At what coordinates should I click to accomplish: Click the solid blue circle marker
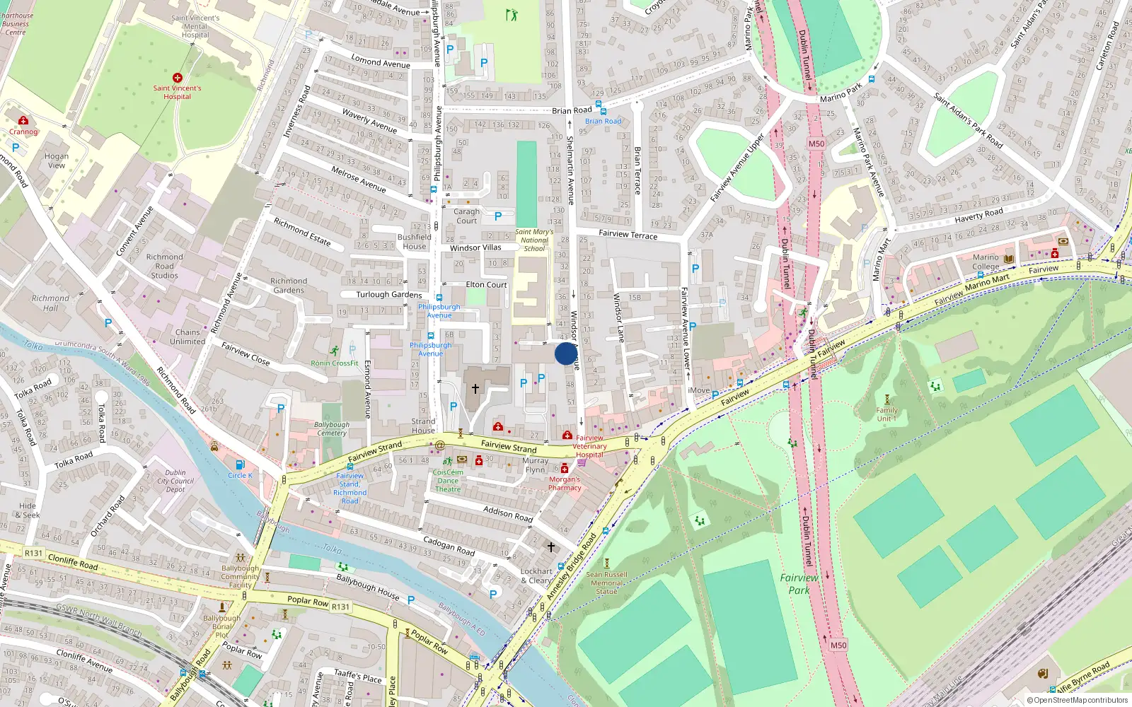[x=565, y=353]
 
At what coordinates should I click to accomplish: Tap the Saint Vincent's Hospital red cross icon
[x=177, y=78]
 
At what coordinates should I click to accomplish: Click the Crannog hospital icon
[x=23, y=121]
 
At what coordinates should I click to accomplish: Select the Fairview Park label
[x=799, y=584]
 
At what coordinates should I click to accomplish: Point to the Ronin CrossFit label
[x=335, y=363]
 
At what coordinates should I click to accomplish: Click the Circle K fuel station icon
[x=240, y=464]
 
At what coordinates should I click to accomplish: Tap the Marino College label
[x=986, y=262]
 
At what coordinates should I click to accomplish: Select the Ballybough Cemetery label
[x=332, y=428]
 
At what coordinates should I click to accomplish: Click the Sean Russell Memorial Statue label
[x=606, y=583]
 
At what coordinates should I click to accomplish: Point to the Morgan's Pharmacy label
[x=565, y=484]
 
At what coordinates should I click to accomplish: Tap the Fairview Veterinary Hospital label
[x=589, y=446]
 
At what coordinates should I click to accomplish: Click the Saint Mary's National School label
[x=534, y=240]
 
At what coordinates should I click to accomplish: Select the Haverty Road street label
[x=978, y=214]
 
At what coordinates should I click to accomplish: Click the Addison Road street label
[x=508, y=514]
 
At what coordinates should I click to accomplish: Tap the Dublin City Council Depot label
[x=175, y=481]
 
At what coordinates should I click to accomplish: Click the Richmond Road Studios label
[x=164, y=267]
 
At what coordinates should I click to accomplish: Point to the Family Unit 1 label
[x=886, y=414]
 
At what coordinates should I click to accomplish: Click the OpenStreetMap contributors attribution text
[x=1077, y=701]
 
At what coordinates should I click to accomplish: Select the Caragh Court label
[x=466, y=216]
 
